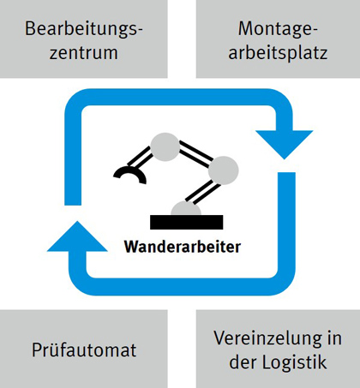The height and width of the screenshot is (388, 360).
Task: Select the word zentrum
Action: pyautogui.click(x=84, y=53)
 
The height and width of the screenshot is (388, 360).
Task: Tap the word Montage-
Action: pyautogui.click(x=278, y=30)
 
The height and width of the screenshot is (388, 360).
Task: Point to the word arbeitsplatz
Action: pyautogui.click(x=278, y=53)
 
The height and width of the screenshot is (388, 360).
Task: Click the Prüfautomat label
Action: pyautogui.click(x=84, y=349)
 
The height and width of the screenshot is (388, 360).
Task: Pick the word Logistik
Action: pyautogui.click(x=295, y=362)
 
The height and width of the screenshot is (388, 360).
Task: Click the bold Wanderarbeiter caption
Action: pyautogui.click(x=183, y=247)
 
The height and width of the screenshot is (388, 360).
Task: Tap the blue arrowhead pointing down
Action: pyautogui.click(x=285, y=143)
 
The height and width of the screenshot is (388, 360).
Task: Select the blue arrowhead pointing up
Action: pyautogui.click(x=77, y=237)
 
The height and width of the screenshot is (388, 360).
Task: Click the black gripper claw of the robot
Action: pyautogui.click(x=130, y=174)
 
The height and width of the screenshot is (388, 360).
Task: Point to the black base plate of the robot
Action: pyautogui.click(x=187, y=222)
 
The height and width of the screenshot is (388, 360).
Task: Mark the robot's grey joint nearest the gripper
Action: pyautogui.click(x=165, y=146)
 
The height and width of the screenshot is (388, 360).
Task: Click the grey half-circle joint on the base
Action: pyautogui.click(x=186, y=208)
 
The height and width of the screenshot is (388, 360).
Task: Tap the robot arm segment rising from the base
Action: pyautogui.click(x=202, y=192)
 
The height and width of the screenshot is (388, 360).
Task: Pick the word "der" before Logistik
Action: pyautogui.click(x=243, y=362)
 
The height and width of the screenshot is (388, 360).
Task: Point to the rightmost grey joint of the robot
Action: pyautogui.click(x=223, y=170)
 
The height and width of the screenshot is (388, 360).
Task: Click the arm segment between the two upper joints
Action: pyautogui.click(x=195, y=154)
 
